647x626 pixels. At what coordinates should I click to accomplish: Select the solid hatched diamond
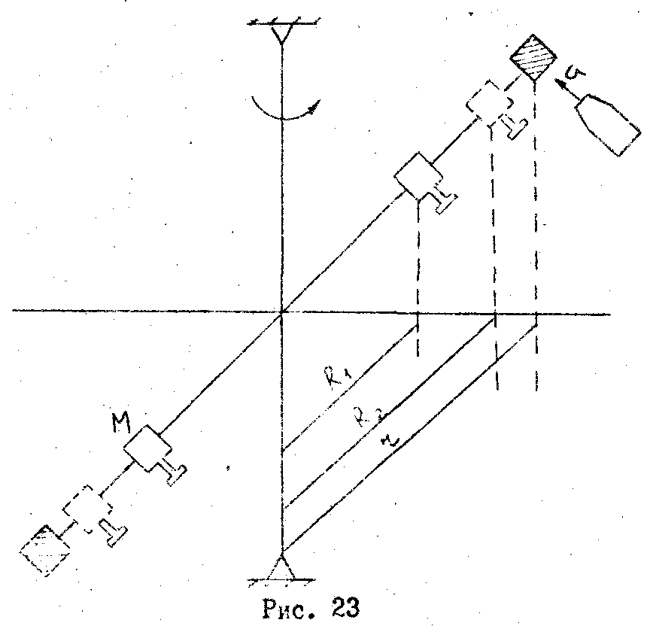point(533,56)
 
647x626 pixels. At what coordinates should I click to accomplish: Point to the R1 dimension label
point(333,374)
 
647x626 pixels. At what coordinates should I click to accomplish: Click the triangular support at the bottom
point(281,569)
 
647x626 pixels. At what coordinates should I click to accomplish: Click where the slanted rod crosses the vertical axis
point(281,311)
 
